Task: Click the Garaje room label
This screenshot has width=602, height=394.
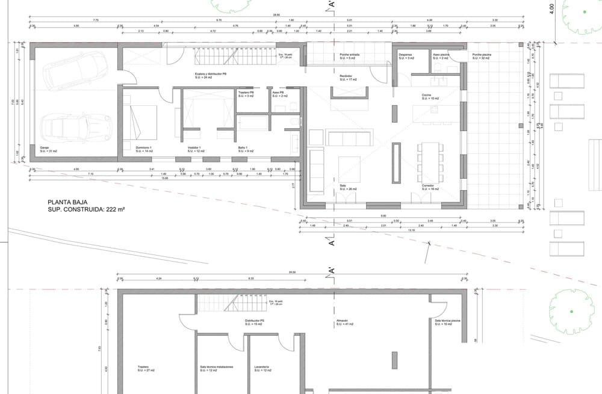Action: (45, 147)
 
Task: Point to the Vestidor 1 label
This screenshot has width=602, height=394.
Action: (193, 147)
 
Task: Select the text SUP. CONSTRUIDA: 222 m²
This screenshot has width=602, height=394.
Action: (90, 211)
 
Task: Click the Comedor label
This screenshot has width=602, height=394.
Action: (428, 186)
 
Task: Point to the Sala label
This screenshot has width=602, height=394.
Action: (344, 186)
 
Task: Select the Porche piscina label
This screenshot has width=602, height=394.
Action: (482, 54)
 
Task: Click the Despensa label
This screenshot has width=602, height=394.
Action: (406, 54)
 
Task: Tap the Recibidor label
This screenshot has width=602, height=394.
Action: (346, 75)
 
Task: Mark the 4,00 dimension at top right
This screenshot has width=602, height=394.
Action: (551, 9)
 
